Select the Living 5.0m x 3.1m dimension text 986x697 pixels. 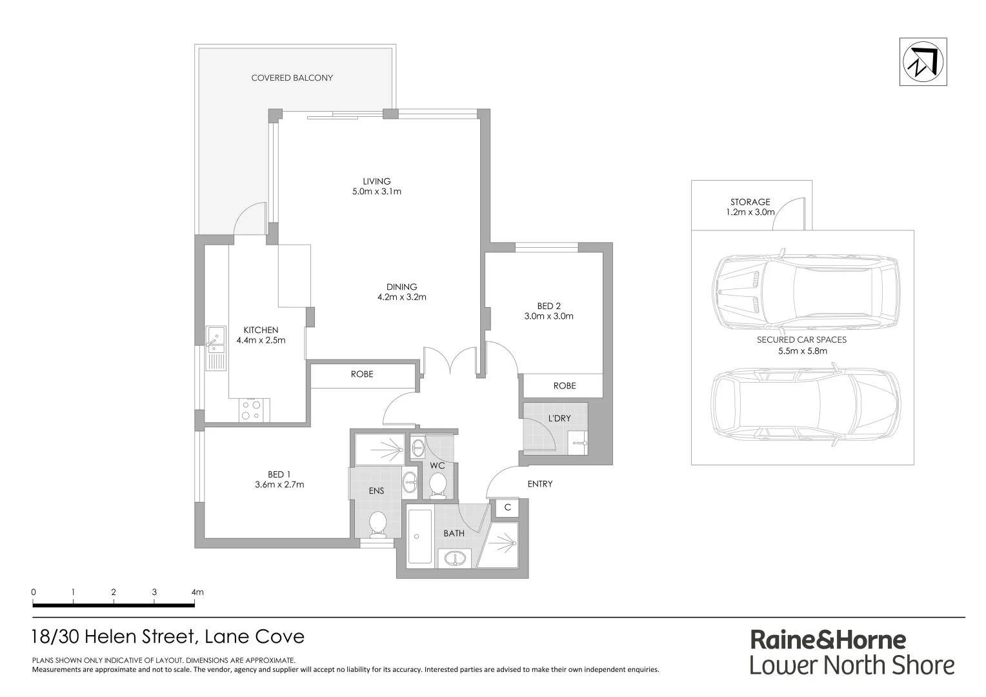coord(376,192)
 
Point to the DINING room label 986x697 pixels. coord(401,287)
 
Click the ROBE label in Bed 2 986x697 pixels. coord(564,386)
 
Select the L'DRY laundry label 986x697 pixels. coord(559,418)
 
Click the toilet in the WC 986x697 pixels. coord(438,485)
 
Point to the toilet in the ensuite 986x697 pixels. coord(377,524)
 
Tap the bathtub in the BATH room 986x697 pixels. coord(420,537)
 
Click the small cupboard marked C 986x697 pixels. coord(507,507)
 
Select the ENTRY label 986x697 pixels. coord(539,483)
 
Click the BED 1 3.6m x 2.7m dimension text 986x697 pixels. coord(280,485)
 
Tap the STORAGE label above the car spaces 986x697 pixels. coord(750,202)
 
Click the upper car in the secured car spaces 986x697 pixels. coord(805,292)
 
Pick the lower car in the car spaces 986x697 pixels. coord(805,407)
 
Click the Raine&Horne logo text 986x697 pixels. coord(828,640)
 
